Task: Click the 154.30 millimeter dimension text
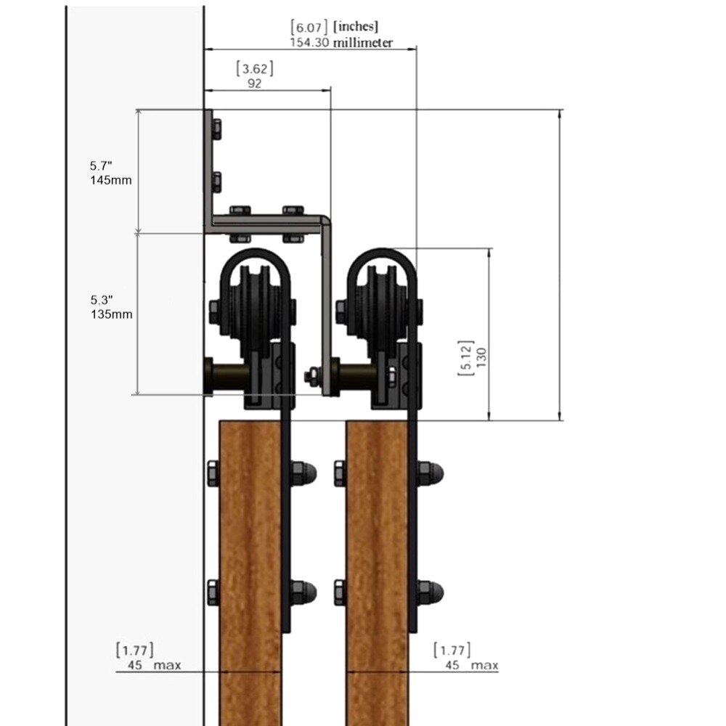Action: tap(340, 43)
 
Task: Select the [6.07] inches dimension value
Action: tap(334, 28)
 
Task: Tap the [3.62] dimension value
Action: tap(255, 69)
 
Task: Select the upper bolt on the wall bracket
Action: tap(215, 129)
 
